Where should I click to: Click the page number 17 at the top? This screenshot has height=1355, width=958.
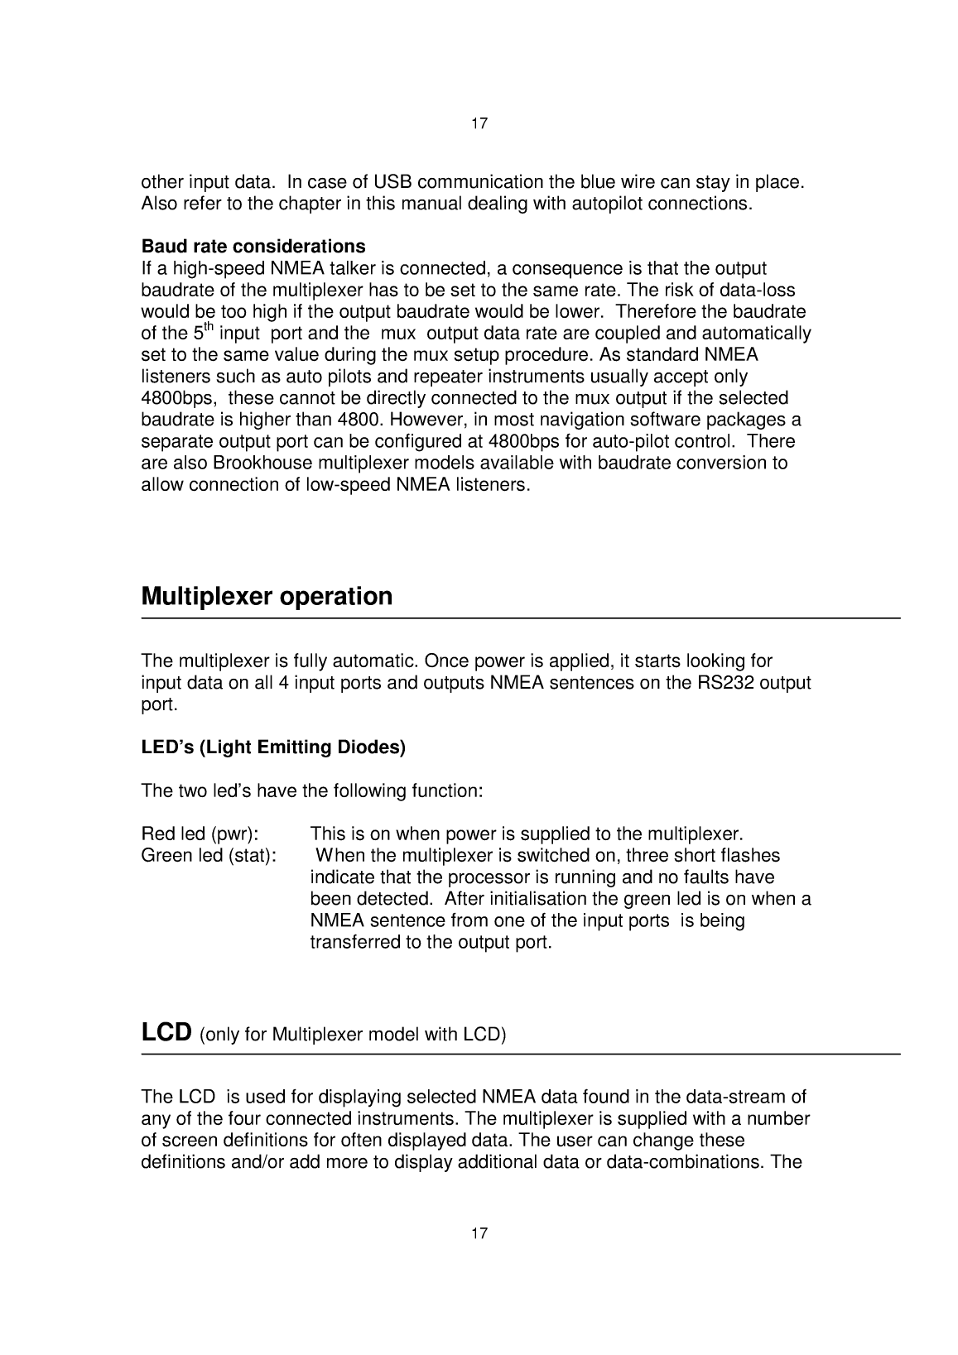point(479,124)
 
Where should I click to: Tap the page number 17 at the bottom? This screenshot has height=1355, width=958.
point(479,1234)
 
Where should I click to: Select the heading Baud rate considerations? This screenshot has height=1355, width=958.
point(253,247)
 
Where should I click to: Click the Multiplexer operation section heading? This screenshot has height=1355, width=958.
point(267,597)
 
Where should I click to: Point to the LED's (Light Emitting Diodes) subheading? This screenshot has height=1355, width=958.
point(273,748)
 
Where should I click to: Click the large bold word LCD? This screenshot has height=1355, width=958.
point(167,1033)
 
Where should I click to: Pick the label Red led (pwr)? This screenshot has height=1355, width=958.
point(200,834)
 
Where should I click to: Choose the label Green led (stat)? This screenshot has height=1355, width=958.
point(209,855)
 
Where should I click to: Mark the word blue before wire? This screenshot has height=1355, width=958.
point(596,182)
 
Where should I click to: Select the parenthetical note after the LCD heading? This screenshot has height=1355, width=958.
point(353,1035)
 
